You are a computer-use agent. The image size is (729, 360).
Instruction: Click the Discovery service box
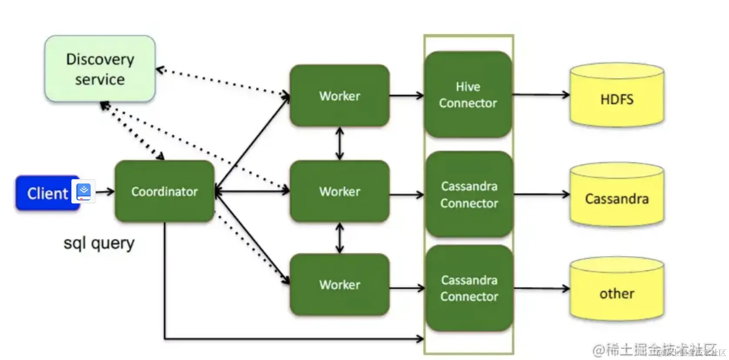click(100, 69)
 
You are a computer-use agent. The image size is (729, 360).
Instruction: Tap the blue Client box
click(46, 193)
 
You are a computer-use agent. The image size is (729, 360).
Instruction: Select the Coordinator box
click(164, 191)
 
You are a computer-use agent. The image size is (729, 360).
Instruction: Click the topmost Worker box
click(339, 96)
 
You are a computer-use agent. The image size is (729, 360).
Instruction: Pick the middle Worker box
click(339, 191)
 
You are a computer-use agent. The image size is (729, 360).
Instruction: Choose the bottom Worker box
click(339, 285)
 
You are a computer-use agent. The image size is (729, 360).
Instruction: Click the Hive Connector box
click(468, 95)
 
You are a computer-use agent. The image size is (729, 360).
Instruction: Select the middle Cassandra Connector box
click(469, 194)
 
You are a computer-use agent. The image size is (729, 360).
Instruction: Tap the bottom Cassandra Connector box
click(469, 288)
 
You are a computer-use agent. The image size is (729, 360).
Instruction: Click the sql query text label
click(99, 243)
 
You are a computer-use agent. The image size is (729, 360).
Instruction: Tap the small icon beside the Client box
click(84, 191)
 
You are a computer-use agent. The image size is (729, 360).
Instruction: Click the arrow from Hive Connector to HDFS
click(541, 95)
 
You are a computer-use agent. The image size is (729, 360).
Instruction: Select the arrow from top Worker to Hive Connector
click(406, 95)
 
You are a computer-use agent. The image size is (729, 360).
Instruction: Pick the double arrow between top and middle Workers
click(340, 143)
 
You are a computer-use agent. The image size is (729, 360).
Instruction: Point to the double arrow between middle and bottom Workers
click(340, 238)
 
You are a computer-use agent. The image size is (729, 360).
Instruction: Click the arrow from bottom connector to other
click(541, 288)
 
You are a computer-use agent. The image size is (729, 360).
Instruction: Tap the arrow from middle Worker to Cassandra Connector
click(406, 195)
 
